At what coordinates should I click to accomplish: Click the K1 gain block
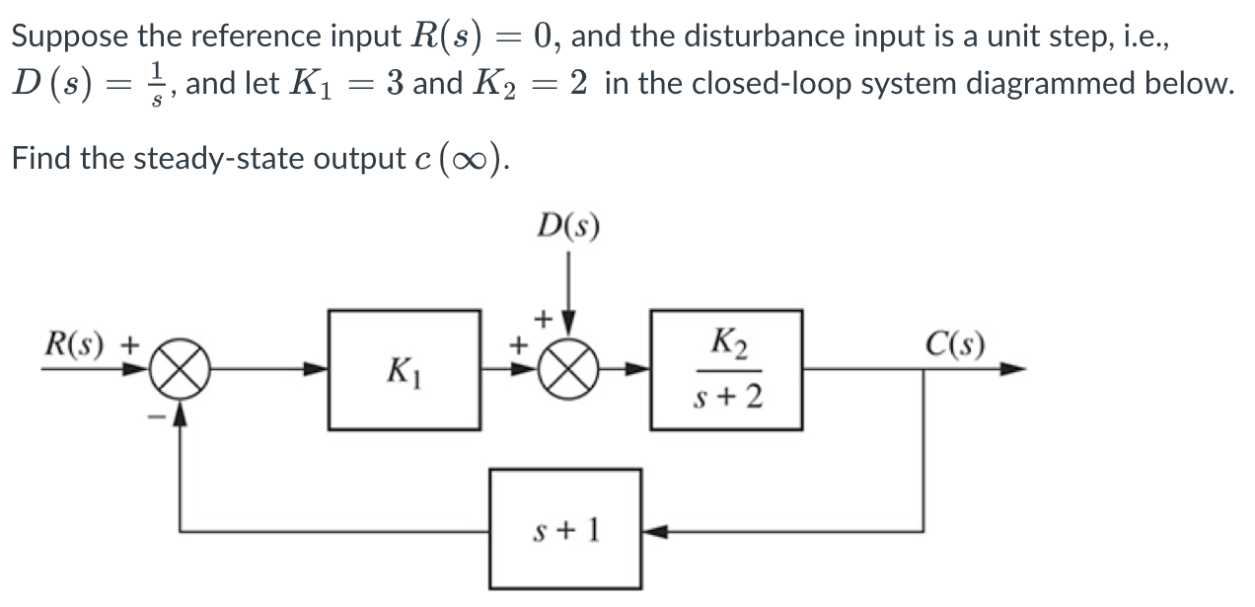pos(405,370)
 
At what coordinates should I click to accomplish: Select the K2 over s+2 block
pos(725,370)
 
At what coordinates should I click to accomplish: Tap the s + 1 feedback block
pos(565,531)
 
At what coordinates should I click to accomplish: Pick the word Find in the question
pos(41,158)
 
